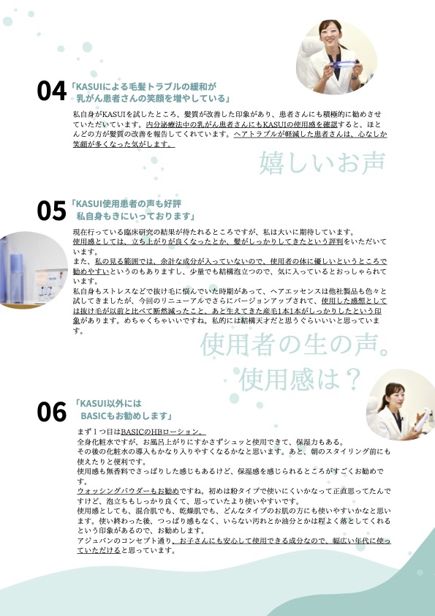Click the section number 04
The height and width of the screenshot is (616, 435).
51,91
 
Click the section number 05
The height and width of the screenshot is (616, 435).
51,211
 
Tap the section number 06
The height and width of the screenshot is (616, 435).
51,412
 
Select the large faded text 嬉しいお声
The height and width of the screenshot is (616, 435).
322,163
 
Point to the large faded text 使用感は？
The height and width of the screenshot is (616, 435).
300,379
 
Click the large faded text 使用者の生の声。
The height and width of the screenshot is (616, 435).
295,345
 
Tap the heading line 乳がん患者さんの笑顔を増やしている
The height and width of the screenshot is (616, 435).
154,98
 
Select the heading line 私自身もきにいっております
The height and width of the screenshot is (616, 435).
136,216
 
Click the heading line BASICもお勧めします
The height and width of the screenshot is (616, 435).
126,416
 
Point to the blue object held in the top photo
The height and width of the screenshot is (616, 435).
344,64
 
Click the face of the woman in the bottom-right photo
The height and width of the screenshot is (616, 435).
396,397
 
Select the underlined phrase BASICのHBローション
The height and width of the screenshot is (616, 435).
162,432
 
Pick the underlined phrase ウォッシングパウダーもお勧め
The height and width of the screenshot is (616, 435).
128,491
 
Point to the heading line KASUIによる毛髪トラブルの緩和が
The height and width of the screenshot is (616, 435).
144,86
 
